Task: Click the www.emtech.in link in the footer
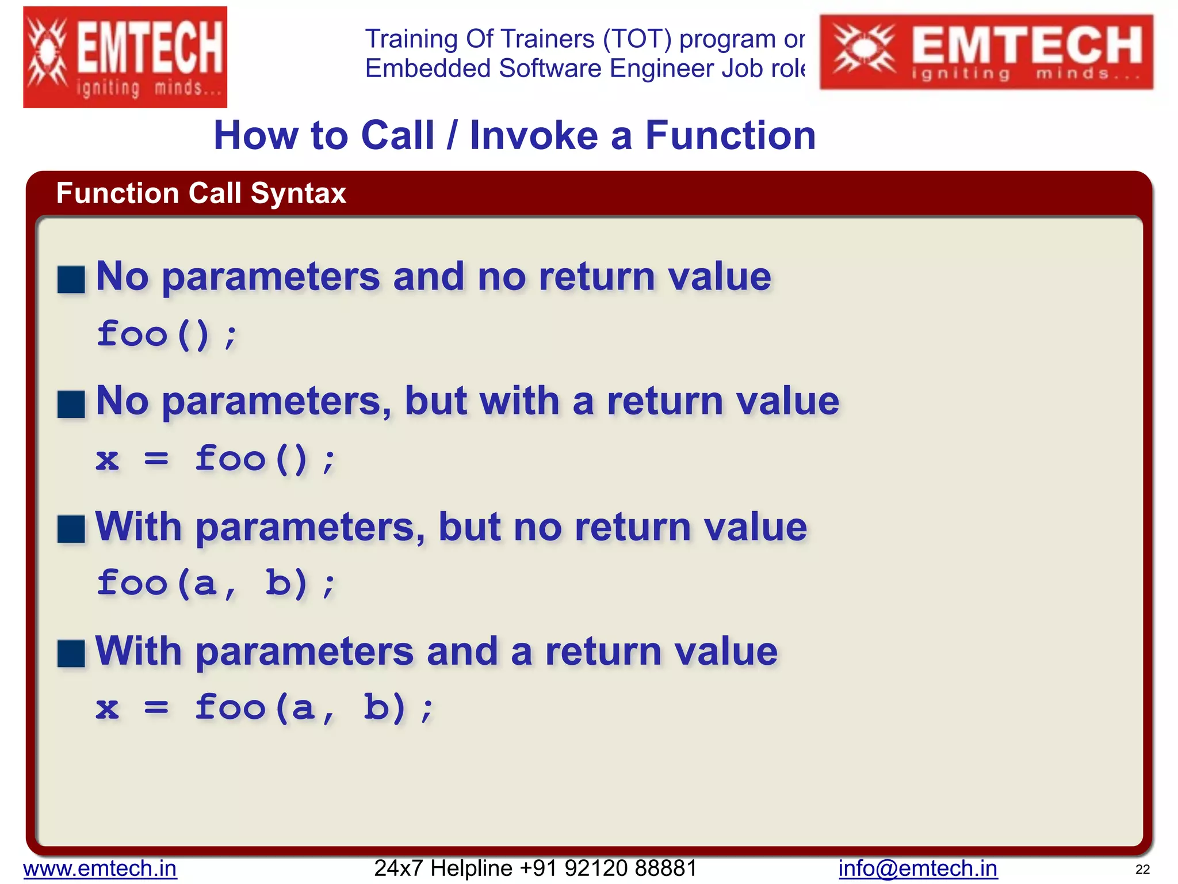[100, 868]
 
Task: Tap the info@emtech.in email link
[917, 868]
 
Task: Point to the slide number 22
[1142, 870]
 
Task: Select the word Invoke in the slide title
[533, 136]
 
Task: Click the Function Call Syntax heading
[201, 193]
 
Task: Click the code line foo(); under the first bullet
[167, 334]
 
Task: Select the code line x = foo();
[216, 459]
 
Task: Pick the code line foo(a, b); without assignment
[216, 583]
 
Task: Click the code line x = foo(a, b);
[265, 707]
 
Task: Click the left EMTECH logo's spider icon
[48, 55]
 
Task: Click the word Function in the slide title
[730, 136]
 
